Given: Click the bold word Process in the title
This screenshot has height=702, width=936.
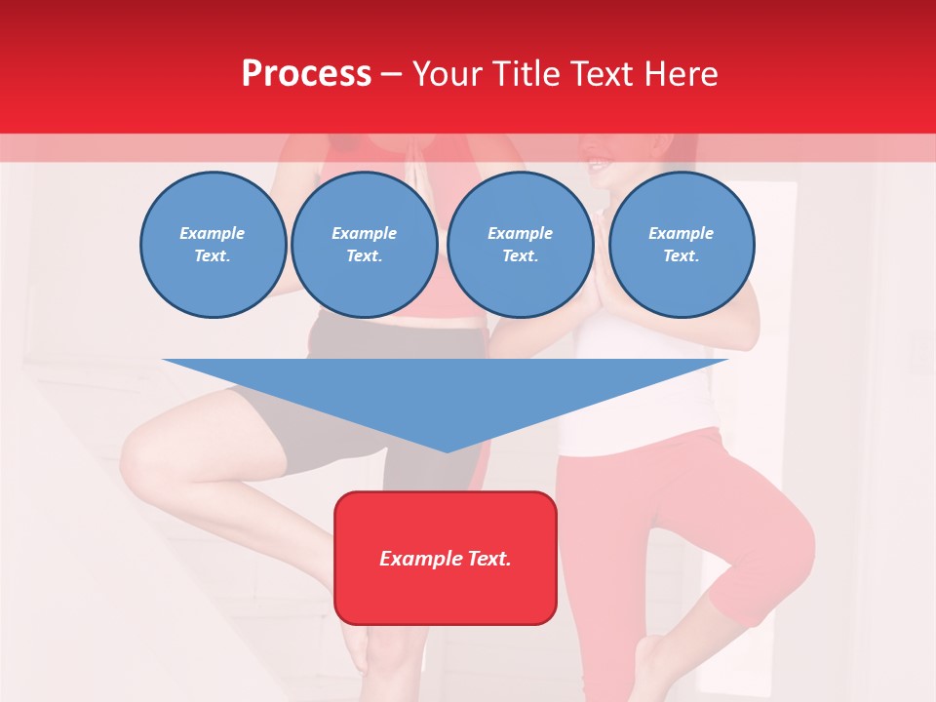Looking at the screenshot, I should pyautogui.click(x=306, y=73).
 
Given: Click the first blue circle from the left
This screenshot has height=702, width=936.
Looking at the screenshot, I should pyautogui.click(x=213, y=245).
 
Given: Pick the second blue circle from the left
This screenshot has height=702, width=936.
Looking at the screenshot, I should pyautogui.click(x=365, y=245).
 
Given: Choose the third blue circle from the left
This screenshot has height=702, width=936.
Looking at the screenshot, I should pyautogui.click(x=521, y=245).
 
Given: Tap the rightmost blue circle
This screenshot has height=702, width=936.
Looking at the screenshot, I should pyautogui.click(x=682, y=245).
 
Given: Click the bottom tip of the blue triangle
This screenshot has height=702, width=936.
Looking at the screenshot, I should pyautogui.click(x=446, y=450).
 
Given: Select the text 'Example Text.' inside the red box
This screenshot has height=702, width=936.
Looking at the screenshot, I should pyautogui.click(x=446, y=559).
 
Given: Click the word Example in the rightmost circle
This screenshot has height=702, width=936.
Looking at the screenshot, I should pyautogui.click(x=682, y=233).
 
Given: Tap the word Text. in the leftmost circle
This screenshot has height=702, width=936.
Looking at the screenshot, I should pyautogui.click(x=213, y=256).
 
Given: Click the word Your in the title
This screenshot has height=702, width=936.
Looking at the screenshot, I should pyautogui.click(x=448, y=73).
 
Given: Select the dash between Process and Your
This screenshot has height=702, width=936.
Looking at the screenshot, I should pyautogui.click(x=392, y=74).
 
